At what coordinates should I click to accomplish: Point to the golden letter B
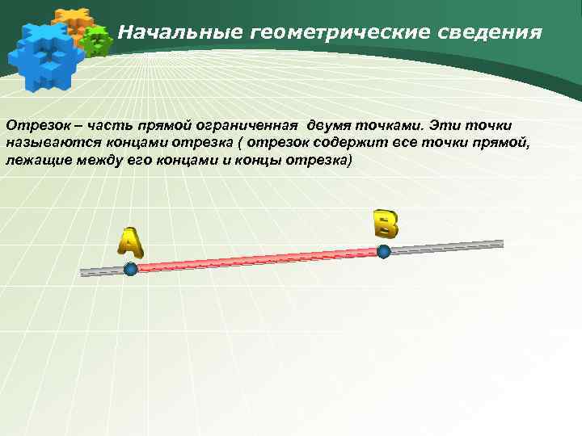(386, 223)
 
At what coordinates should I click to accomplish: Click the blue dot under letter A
(130, 269)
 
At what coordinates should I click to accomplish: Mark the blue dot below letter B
(384, 251)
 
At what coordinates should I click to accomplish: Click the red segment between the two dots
(257, 260)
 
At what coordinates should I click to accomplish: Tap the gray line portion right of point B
(445, 246)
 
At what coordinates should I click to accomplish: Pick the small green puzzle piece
(96, 40)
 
